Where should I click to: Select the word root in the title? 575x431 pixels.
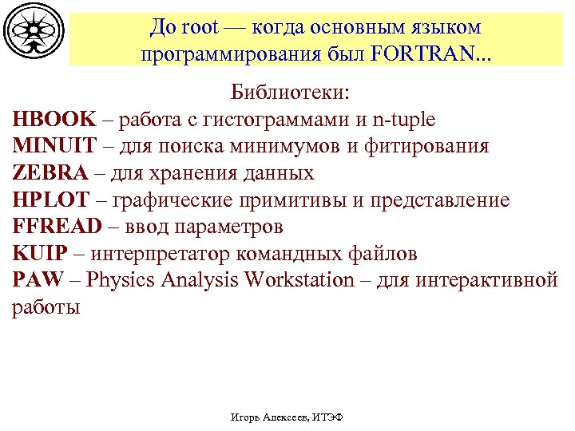200,27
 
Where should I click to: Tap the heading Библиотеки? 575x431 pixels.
290,92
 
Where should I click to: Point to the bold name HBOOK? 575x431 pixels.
54,120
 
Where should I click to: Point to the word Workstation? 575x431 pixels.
299,280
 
